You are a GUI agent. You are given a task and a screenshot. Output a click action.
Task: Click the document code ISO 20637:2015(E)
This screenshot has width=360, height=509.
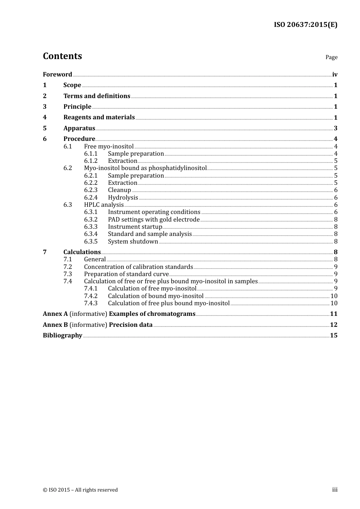305,25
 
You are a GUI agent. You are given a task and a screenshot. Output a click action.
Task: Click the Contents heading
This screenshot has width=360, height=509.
62,56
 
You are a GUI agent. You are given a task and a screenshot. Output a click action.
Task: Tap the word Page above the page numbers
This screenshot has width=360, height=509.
331,57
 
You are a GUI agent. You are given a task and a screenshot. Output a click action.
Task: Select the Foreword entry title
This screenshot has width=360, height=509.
57,75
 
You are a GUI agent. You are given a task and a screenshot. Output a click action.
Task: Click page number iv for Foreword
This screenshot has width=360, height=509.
335,75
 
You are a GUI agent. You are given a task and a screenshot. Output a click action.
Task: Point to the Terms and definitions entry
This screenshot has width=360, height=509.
97,96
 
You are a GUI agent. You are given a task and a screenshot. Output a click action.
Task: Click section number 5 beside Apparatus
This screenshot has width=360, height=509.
45,128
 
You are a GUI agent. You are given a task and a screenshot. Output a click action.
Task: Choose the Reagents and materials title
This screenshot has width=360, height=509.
99,117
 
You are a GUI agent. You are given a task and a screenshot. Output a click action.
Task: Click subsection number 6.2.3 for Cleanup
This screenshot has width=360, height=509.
91,190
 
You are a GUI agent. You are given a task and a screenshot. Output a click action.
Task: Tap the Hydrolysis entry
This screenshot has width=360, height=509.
123,198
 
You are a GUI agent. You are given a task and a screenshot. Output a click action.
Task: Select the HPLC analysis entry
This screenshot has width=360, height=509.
104,205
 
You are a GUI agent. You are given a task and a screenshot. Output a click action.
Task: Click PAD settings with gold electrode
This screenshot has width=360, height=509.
153,220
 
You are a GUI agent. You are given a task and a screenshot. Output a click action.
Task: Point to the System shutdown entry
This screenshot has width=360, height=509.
133,242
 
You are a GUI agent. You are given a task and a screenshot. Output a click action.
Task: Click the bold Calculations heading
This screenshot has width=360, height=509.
82,252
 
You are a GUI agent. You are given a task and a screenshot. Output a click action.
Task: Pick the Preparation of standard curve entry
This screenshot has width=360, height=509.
126,274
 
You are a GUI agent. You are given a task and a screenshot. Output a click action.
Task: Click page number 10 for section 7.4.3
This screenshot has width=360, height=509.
334,303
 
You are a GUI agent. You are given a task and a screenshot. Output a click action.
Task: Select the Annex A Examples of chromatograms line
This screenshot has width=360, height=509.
119,314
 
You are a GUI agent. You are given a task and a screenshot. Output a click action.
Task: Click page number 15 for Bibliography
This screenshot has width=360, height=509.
333,336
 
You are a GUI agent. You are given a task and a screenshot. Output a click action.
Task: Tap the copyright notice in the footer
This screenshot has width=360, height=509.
80,490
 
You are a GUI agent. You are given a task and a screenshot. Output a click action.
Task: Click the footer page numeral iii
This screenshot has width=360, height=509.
335,490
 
